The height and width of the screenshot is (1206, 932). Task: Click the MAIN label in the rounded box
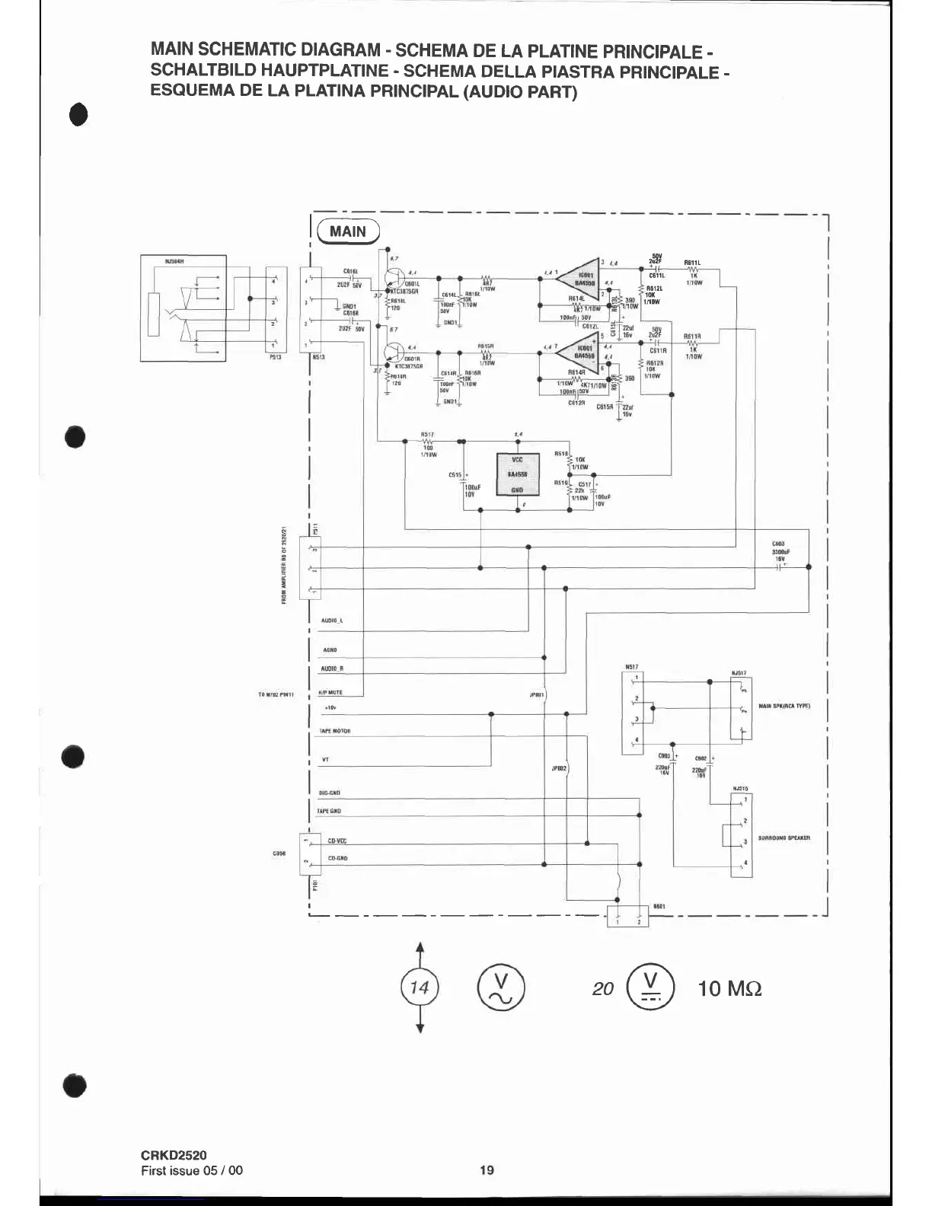347,231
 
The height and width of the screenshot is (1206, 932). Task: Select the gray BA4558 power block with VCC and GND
517,474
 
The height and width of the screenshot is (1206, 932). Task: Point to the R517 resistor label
426,435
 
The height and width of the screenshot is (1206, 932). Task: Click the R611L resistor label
692,263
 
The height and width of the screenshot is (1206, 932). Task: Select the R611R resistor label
692,336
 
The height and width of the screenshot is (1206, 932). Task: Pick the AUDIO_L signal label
332,621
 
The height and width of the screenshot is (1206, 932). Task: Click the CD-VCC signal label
337,841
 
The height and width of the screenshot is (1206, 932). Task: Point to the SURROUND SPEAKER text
784,837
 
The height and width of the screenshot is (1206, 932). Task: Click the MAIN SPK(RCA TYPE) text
784,706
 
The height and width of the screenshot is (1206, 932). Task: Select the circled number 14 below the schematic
420,988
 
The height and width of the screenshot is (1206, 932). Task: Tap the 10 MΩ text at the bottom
729,989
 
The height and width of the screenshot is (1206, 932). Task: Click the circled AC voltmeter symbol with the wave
501,988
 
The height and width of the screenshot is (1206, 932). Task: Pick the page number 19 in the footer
487,1170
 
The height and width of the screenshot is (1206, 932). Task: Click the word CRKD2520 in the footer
174,1156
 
